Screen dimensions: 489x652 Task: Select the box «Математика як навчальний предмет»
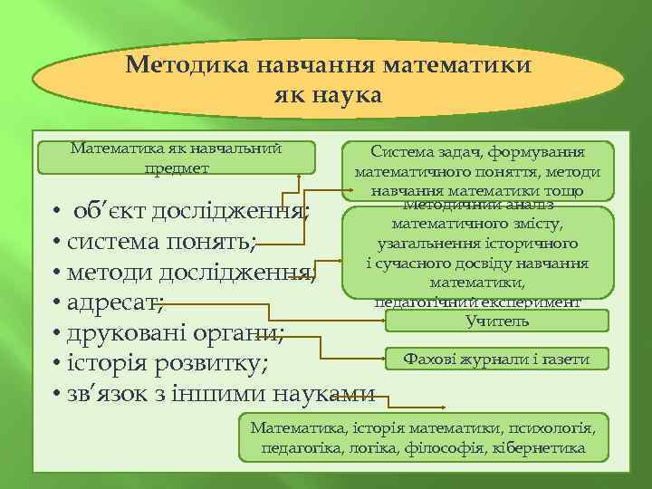point(177,158)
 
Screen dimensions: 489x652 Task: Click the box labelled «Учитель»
point(497,321)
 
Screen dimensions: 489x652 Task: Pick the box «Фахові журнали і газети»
point(497,360)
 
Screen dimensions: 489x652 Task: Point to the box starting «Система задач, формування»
point(477,170)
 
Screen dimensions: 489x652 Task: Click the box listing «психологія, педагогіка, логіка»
point(423,436)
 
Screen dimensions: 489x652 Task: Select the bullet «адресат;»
point(113,302)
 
